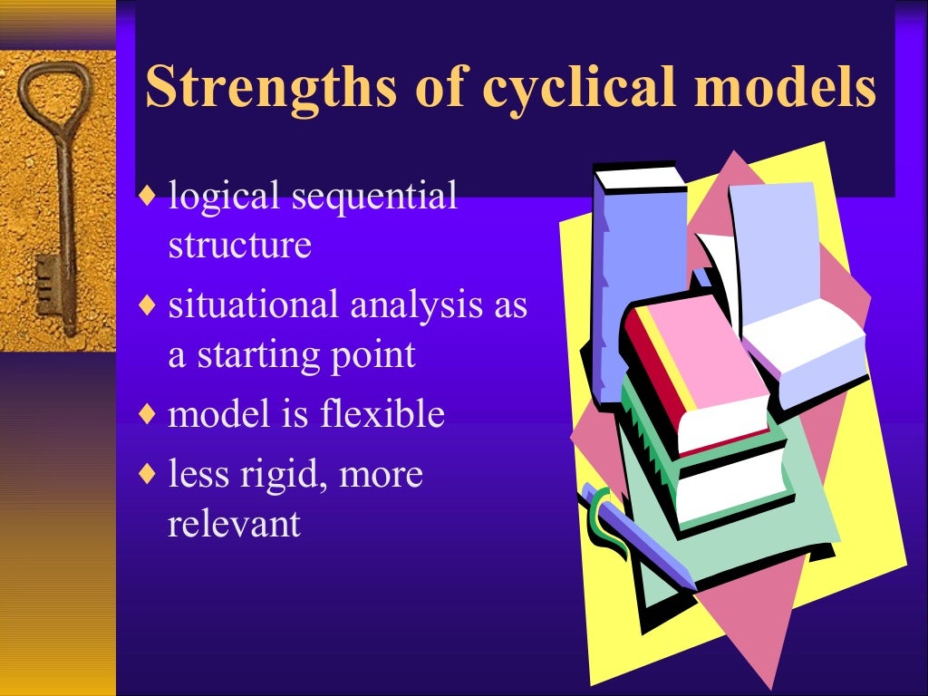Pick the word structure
239,245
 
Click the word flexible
382,414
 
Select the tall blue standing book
634,263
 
